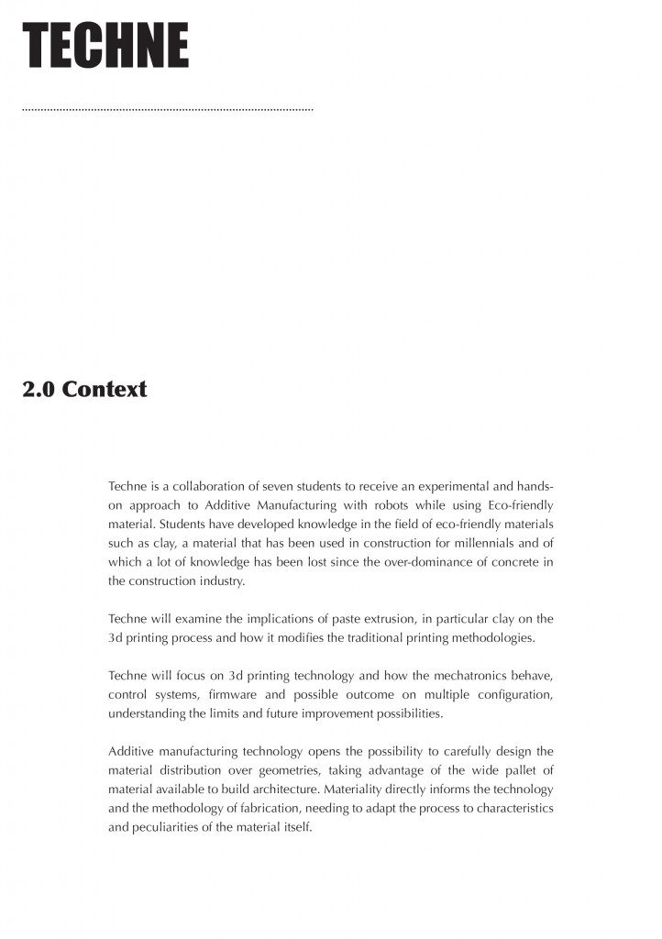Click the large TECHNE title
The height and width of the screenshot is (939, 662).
click(105, 47)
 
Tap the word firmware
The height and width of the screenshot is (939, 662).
click(242, 694)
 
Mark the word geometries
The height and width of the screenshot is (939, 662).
click(300, 770)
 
